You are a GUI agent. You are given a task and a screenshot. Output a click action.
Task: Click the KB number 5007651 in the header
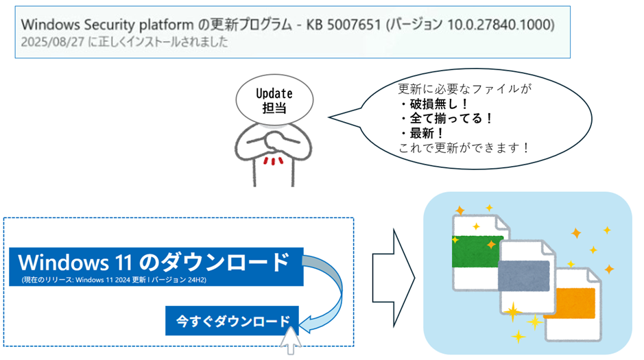click(x=351, y=25)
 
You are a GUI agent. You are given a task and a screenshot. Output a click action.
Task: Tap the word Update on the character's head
click(x=274, y=93)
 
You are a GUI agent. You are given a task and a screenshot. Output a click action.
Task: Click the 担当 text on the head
click(x=274, y=107)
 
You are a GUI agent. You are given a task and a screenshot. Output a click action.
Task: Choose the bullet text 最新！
click(x=428, y=132)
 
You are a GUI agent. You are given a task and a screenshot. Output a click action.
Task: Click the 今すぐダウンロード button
click(x=232, y=320)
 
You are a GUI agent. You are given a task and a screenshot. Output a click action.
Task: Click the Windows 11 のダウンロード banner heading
click(x=154, y=263)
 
